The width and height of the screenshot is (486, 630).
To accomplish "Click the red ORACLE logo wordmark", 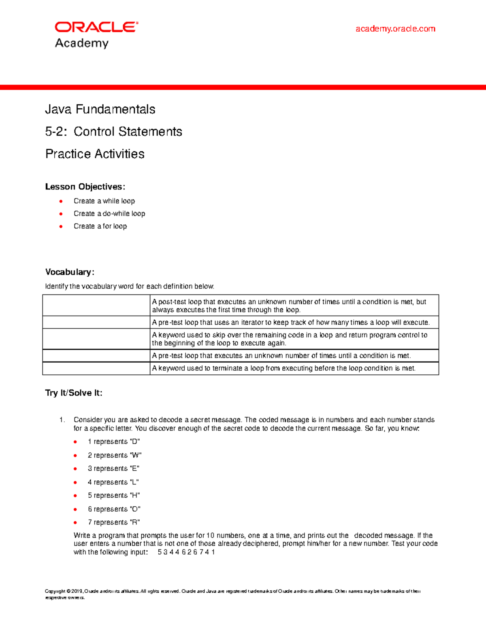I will (x=96, y=27).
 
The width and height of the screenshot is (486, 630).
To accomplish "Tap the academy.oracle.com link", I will (x=395, y=29).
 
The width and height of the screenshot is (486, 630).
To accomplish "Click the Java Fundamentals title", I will (x=100, y=109).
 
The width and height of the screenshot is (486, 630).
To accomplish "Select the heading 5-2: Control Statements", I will (x=113, y=131).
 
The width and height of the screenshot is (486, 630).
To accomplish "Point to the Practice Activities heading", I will (x=95, y=154).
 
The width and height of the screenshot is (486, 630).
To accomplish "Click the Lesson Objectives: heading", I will (x=85, y=187).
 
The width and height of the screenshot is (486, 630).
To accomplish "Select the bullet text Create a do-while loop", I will (x=109, y=213).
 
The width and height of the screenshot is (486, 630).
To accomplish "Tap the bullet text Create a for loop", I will (x=100, y=226).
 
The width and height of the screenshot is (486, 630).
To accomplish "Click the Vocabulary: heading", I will (x=70, y=272).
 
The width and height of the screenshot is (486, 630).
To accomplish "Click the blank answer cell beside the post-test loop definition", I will (x=96, y=305).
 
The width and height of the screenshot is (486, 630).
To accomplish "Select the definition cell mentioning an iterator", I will (x=290, y=323).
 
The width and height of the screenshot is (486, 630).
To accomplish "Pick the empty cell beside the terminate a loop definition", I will (x=96, y=368).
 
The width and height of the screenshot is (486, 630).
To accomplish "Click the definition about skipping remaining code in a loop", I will (x=290, y=339).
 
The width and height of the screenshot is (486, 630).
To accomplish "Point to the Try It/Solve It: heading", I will (x=74, y=393).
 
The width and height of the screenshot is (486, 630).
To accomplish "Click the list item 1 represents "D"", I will (x=114, y=441).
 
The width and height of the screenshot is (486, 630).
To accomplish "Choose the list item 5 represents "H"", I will (x=114, y=495).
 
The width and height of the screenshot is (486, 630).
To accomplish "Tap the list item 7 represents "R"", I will (x=114, y=522).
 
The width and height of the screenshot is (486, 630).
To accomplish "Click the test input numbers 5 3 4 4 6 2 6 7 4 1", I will (x=186, y=552).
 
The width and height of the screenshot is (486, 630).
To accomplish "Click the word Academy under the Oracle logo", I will (x=82, y=43).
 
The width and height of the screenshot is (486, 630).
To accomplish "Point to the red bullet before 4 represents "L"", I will (x=75, y=482).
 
